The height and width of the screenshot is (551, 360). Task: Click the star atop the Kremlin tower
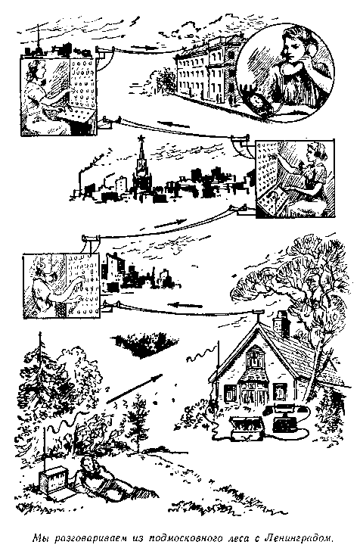pos(142,139)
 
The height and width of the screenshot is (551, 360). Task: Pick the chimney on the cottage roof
pos(281,323)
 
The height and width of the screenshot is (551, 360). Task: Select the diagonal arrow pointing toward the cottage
pos(134,389)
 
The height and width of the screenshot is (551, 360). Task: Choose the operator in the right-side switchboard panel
pos(309,176)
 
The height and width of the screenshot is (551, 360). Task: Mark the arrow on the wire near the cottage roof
pos(185,305)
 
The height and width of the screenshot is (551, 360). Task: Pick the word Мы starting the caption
pos(39,537)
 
